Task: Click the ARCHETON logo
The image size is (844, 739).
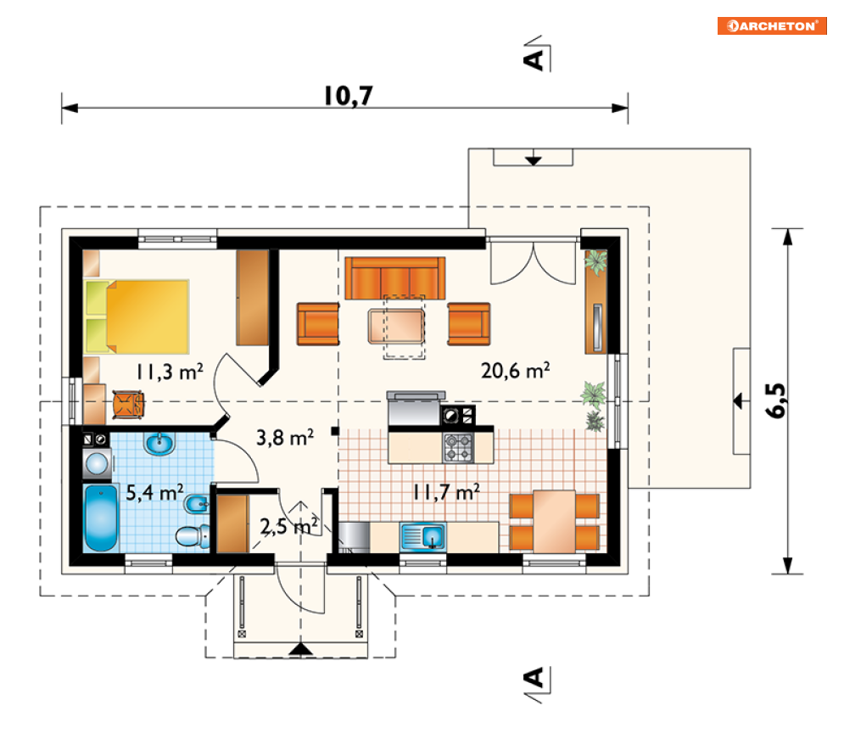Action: [x=772, y=25]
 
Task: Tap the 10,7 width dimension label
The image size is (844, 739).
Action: [x=349, y=97]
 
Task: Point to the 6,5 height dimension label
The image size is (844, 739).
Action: [x=775, y=400]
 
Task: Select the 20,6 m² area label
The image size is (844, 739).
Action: [x=515, y=370]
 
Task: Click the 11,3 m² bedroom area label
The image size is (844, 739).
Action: [x=169, y=372]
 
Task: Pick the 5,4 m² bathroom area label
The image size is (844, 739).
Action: [x=154, y=492]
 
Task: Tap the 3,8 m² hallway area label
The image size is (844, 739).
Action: [x=285, y=438]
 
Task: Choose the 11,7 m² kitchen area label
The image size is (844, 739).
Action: [x=446, y=492]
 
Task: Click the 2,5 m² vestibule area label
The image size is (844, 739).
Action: [x=289, y=526]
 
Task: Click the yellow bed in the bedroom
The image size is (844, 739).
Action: [x=137, y=316]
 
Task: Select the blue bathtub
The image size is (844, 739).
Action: [x=101, y=518]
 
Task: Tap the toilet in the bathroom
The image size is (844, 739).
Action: [x=193, y=536]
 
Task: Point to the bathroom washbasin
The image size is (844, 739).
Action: [x=159, y=444]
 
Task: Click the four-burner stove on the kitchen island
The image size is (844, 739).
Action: [x=458, y=448]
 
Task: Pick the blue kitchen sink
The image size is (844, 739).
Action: [x=422, y=536]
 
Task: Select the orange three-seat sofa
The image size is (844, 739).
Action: [x=395, y=277]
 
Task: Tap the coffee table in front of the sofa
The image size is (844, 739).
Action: [x=396, y=326]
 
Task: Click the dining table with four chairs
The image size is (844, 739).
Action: [x=554, y=521]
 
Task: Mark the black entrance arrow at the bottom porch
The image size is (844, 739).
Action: [x=300, y=649]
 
